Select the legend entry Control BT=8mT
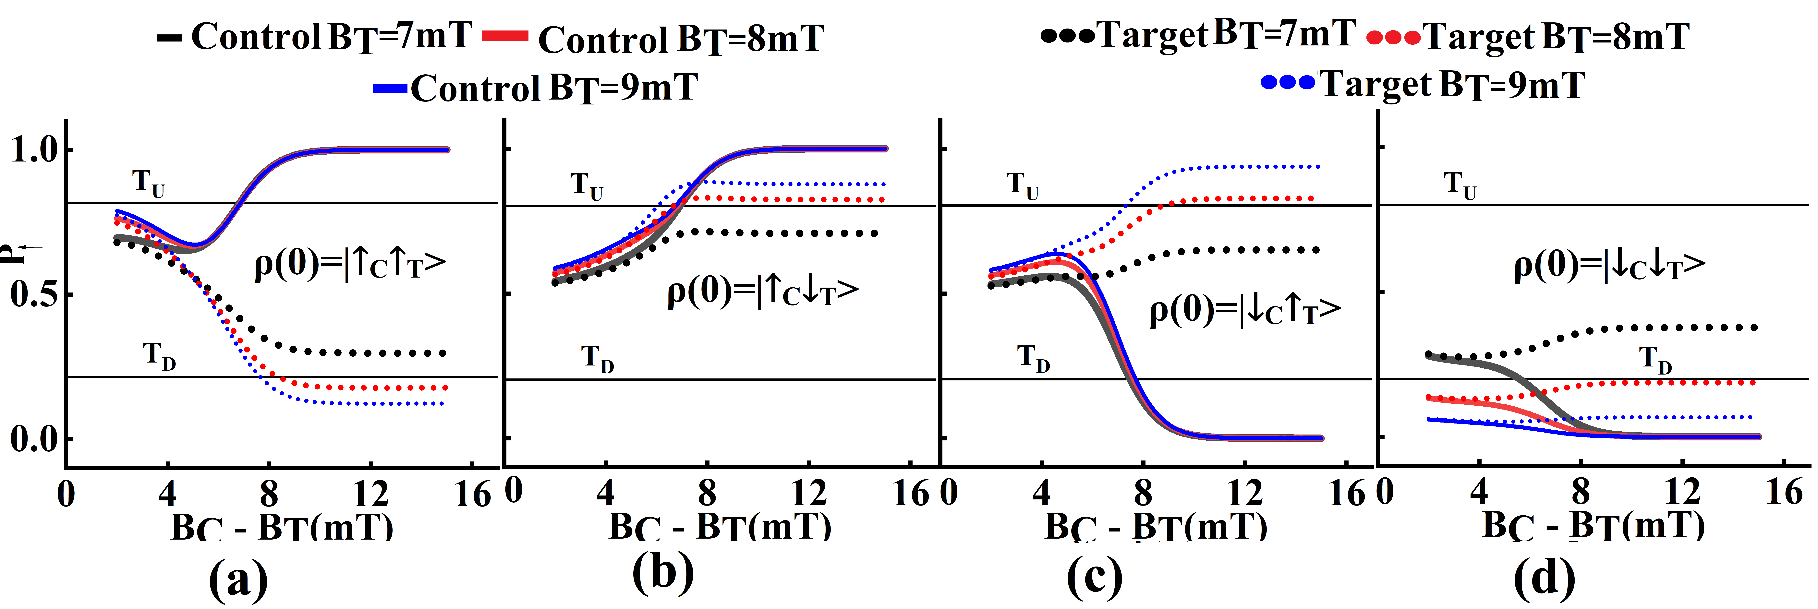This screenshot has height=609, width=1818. click(x=653, y=39)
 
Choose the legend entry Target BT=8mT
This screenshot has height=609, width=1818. click(x=1528, y=37)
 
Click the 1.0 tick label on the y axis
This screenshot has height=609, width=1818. click(x=33, y=150)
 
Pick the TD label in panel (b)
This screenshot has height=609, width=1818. click(x=597, y=358)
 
